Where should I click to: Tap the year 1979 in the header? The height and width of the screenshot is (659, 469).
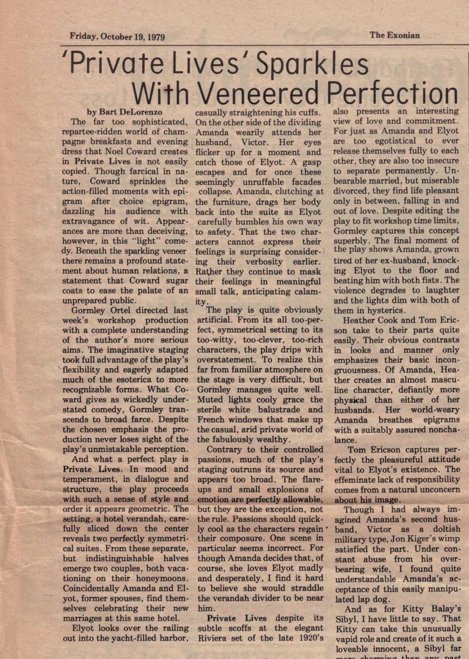tap(156, 37)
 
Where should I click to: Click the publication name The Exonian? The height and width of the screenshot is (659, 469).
tap(394, 35)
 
